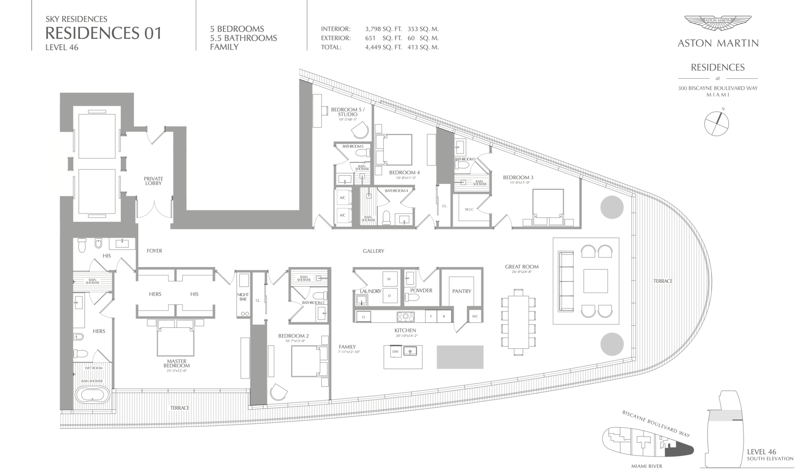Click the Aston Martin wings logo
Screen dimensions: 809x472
click(718, 23)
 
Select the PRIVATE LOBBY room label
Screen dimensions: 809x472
click(153, 181)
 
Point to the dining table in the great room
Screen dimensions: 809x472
click(518, 322)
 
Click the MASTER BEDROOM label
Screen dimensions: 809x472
click(176, 363)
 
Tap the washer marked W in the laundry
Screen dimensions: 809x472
click(389, 279)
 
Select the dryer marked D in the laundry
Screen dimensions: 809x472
click(389, 296)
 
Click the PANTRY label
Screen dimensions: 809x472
click(462, 291)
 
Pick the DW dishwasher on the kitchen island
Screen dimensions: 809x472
click(395, 352)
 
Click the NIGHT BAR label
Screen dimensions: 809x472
click(243, 297)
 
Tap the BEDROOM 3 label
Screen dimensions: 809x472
click(518, 178)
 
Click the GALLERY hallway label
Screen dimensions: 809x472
click(374, 251)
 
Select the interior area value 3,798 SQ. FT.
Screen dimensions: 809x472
click(383, 29)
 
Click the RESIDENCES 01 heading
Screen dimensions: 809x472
click(103, 33)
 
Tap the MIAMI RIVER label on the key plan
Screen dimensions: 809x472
click(647, 466)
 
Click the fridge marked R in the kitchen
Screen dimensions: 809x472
click(444, 316)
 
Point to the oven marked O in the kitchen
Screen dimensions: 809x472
click(363, 317)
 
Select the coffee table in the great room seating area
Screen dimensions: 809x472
click(595, 281)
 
